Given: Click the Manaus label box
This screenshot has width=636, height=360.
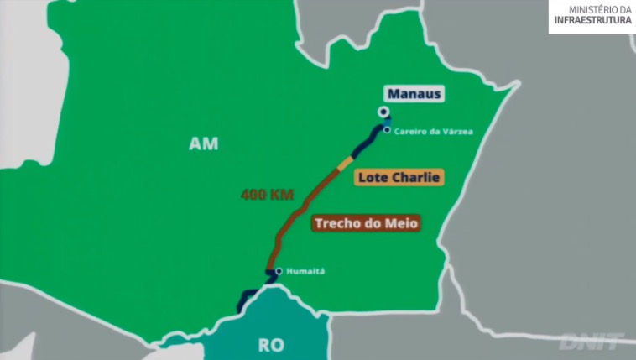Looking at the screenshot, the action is [x=414, y=94].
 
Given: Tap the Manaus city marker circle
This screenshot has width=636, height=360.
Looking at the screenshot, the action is [x=383, y=112].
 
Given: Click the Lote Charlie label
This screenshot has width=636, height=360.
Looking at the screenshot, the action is [x=399, y=178].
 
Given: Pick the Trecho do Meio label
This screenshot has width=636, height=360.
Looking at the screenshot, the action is [x=365, y=223].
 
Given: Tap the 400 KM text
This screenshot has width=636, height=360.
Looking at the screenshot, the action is [x=266, y=195].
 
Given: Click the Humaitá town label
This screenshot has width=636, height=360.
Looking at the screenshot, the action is [x=305, y=271].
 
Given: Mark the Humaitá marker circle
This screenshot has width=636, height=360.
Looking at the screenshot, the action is [x=279, y=271].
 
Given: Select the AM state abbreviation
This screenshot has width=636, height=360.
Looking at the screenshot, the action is [x=203, y=144].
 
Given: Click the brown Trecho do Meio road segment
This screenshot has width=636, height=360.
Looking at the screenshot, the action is [x=298, y=210].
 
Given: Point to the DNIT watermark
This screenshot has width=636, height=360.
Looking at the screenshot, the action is [x=592, y=342].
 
